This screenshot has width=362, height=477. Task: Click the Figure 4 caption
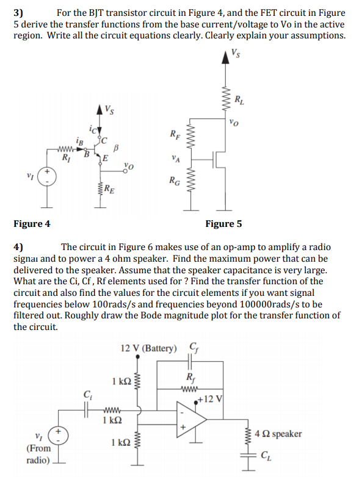click(32, 224)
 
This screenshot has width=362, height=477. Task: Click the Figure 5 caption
click(223, 224)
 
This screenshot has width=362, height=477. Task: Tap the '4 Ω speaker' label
click(278, 434)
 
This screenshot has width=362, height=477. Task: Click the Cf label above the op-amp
click(194, 348)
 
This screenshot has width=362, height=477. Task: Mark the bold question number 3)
click(18, 12)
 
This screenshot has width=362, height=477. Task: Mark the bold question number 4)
click(18, 247)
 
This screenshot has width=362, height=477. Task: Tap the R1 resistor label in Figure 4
click(66, 159)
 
